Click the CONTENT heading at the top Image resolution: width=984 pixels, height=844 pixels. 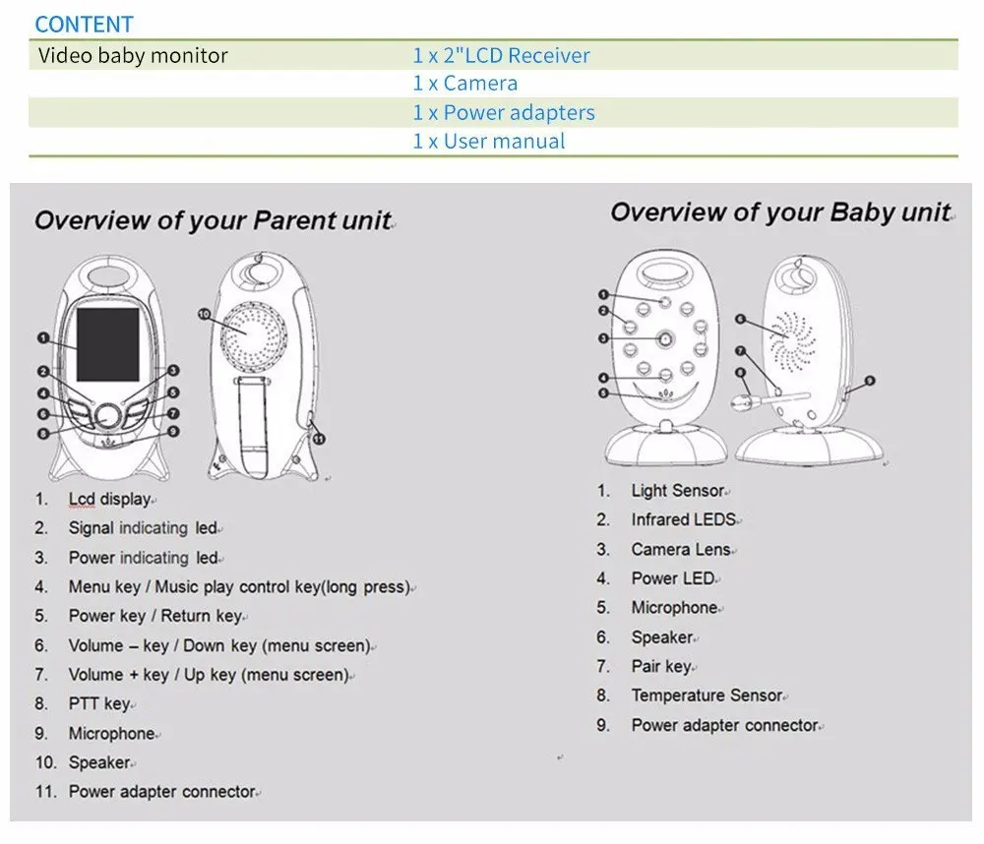(x=84, y=24)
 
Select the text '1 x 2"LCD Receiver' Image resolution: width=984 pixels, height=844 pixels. (x=501, y=56)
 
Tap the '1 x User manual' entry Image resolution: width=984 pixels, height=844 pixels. (x=488, y=142)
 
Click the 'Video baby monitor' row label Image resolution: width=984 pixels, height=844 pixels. (x=133, y=55)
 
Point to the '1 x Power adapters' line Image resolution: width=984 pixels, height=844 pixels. (x=503, y=113)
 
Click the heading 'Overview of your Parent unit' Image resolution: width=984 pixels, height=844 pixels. (x=213, y=220)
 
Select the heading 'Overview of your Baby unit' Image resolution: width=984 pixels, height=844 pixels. (x=779, y=212)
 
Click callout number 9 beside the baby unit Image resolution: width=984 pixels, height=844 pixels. (x=869, y=381)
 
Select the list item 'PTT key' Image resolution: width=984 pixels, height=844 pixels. (x=99, y=704)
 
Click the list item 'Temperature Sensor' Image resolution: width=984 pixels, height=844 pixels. (x=707, y=696)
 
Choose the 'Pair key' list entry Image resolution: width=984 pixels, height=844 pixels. (x=661, y=667)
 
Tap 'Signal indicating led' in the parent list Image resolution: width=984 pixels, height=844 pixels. (x=143, y=528)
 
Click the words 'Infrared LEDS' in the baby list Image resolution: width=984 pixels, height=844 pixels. (x=684, y=519)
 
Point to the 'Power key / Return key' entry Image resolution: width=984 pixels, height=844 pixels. (x=155, y=616)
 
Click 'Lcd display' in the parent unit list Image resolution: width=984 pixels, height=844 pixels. (x=109, y=500)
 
